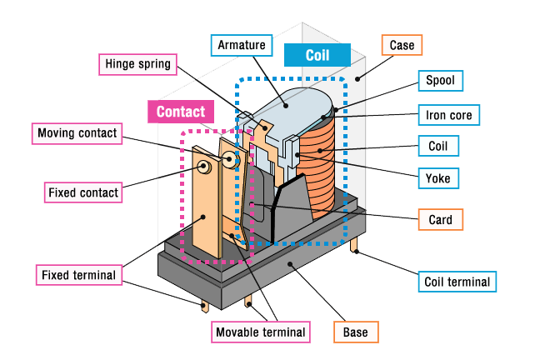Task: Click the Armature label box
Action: coord(242,44)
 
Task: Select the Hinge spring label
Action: coord(137,64)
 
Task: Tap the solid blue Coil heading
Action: coord(317,55)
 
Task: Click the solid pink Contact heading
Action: coord(180,112)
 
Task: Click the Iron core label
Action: coord(449,113)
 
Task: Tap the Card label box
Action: coord(440,220)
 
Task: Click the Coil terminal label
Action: coord(456,281)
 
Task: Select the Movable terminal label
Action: coord(261,332)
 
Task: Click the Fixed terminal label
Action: coord(79,274)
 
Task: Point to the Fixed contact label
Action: coord(82,192)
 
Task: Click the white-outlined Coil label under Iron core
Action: coord(438,146)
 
